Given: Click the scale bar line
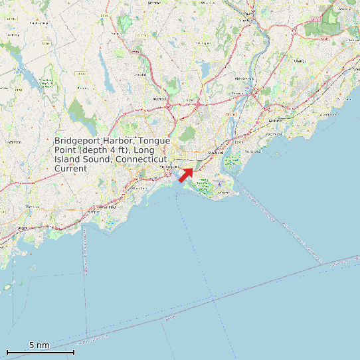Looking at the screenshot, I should pyautogui.click(x=40, y=352).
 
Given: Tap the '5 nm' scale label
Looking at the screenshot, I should pyautogui.click(x=39, y=345).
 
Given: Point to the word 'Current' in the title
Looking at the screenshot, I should pyautogui.click(x=70, y=169).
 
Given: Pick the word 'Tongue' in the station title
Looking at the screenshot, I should pyautogui.click(x=154, y=141).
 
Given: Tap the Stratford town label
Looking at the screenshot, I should pyautogui.click(x=215, y=153).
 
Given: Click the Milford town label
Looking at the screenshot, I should pyautogui.click(x=274, y=121).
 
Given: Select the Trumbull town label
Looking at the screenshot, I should pyautogui.click(x=159, y=99).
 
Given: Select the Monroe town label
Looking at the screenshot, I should pyautogui.click(x=140, y=74).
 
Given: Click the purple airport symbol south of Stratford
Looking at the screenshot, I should pyautogui.click(x=219, y=184).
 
